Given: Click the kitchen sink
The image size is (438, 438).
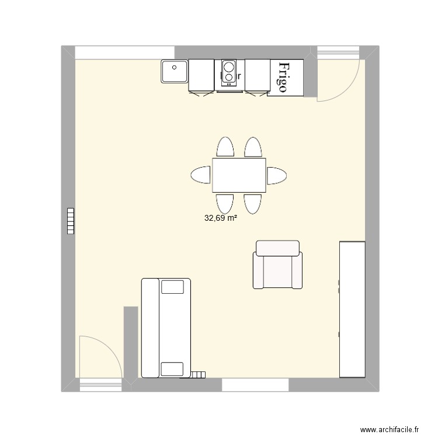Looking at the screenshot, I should [174, 71].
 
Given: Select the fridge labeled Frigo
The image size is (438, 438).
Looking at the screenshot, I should [286, 78].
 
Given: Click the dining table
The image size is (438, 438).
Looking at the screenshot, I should [239, 175].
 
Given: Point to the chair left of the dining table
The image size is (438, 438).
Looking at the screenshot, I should [200, 175].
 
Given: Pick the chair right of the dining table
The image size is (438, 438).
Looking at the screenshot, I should [277, 175].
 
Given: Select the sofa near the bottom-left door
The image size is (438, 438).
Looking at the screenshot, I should [166, 328].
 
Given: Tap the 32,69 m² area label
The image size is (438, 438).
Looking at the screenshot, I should [220, 219].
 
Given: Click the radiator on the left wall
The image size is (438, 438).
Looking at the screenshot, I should [71, 221].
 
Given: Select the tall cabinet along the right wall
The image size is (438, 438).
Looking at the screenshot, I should [352, 310].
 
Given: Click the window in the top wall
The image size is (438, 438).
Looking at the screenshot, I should [125, 52].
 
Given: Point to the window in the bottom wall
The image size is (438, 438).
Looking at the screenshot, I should [255, 385].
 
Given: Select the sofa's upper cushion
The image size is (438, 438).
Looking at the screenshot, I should [172, 287].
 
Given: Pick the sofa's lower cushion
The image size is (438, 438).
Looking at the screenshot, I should [172, 369].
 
